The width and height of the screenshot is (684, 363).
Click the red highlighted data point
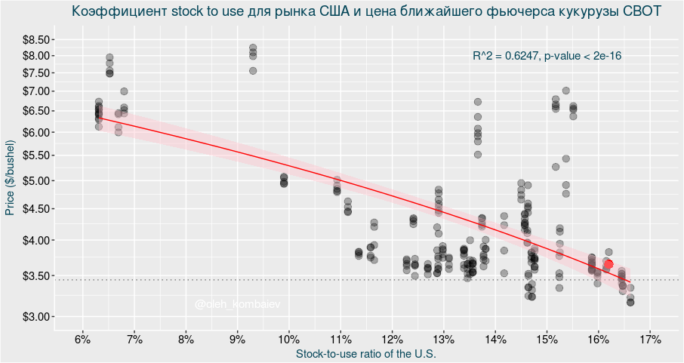coord(609,264)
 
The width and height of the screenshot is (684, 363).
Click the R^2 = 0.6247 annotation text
coord(547,56)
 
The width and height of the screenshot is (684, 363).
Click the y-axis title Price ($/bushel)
coord(10,178)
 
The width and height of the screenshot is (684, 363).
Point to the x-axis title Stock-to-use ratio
coord(367,353)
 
